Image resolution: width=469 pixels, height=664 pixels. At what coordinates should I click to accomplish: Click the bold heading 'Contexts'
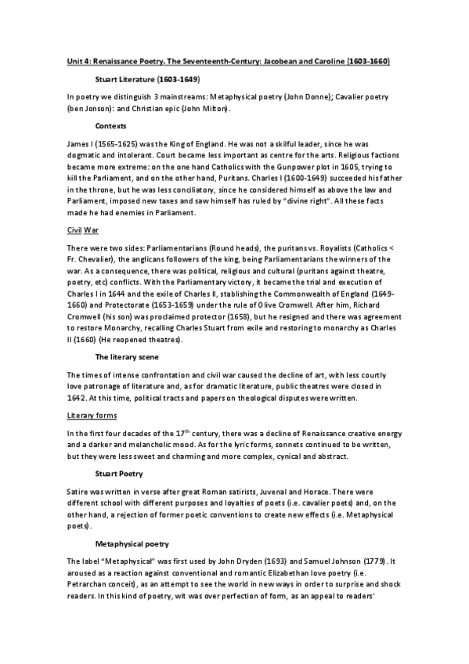coord(111,125)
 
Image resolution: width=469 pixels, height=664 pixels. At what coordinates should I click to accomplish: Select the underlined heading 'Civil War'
coord(81,232)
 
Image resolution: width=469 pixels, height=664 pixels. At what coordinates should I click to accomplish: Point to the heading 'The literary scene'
coord(127,356)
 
